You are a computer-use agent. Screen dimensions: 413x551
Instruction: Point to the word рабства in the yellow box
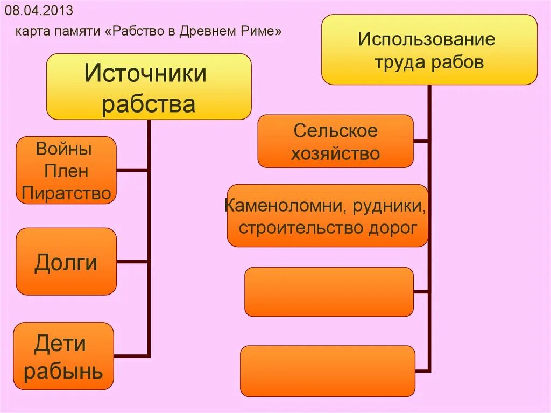(x=148, y=104)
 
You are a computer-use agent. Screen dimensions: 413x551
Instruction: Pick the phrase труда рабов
(x=429, y=62)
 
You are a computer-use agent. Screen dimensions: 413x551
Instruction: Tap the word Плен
(x=67, y=171)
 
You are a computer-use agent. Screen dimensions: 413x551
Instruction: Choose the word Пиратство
(x=67, y=193)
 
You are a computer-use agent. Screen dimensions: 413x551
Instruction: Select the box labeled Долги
(x=66, y=262)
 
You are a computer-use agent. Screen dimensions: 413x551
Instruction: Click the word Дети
(x=60, y=344)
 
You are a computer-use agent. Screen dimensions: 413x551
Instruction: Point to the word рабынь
(x=63, y=371)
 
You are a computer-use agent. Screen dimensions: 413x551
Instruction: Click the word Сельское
(x=336, y=130)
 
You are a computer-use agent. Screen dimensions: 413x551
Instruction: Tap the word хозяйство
(x=336, y=154)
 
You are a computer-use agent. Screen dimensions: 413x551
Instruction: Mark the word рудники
(x=385, y=205)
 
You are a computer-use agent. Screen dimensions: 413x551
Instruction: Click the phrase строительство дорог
(x=328, y=228)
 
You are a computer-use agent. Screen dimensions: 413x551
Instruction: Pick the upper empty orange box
(x=329, y=291)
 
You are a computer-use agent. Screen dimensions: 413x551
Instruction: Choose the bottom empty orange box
(x=328, y=370)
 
